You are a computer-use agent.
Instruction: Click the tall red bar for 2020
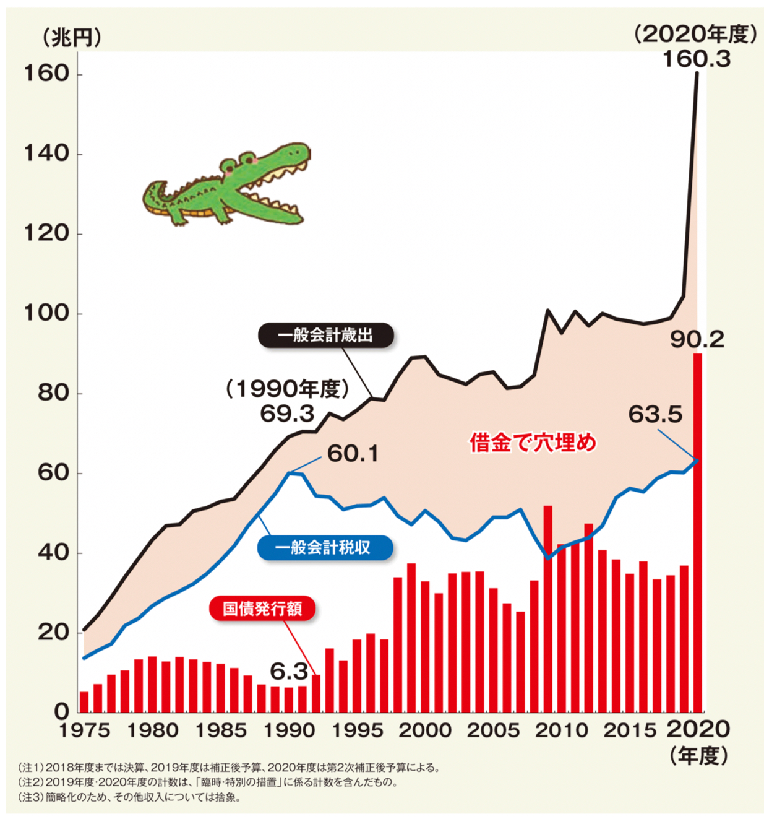[697, 532]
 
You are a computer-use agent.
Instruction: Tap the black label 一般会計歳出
[325, 336]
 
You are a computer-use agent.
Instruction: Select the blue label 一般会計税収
[324, 548]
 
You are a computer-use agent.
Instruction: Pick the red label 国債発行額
[262, 609]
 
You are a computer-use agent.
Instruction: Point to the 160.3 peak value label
[696, 59]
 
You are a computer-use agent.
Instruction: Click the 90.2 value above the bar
[697, 339]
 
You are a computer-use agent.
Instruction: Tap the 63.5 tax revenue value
[655, 414]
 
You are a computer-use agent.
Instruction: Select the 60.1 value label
[353, 454]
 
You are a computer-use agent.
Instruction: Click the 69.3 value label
[287, 414]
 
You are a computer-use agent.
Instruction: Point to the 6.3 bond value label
[288, 671]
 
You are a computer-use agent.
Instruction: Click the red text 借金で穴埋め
[533, 443]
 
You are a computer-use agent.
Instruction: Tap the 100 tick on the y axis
[46, 313]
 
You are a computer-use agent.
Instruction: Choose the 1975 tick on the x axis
[84, 730]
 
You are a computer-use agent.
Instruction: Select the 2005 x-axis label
[493, 730]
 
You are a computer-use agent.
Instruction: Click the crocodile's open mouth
[278, 186]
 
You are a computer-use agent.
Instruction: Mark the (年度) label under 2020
[699, 755]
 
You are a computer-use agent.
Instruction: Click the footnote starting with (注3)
[130, 797]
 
